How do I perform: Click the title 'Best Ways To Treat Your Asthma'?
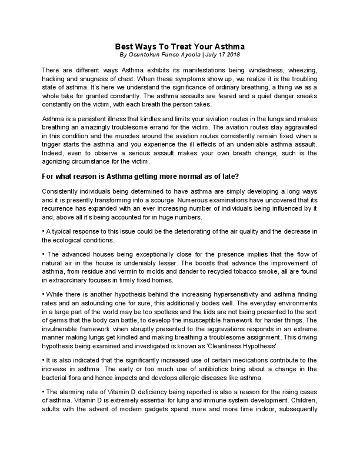point(179,45)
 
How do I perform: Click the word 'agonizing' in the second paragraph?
point(60,161)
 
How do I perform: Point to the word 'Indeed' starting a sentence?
point(53,153)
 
